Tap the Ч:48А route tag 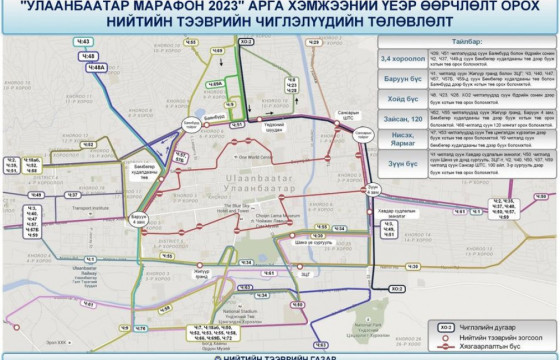pyautogui.click(x=98, y=67)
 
